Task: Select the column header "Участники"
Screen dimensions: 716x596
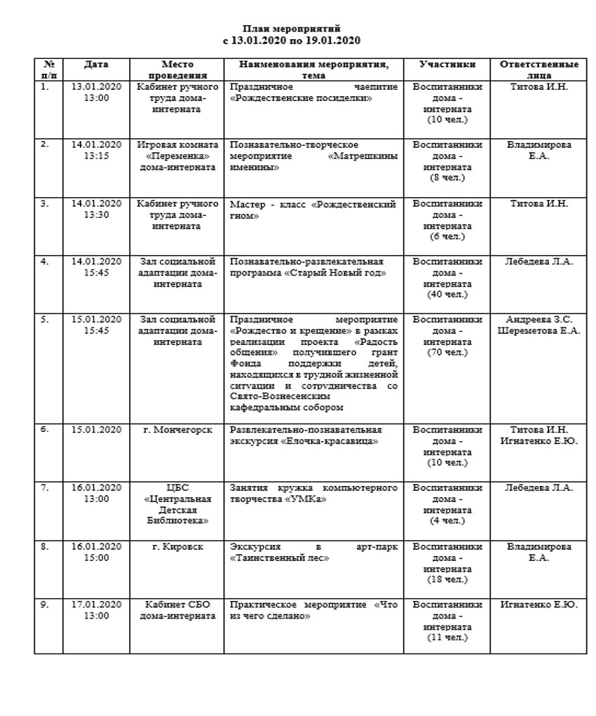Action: click(x=447, y=65)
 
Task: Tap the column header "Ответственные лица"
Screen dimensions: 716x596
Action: click(x=539, y=69)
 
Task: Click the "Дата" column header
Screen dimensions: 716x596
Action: click(x=96, y=65)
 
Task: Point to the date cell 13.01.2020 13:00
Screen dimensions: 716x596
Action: click(x=96, y=93)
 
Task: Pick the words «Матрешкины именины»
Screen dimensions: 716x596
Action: click(x=314, y=162)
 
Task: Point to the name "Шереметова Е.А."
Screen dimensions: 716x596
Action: click(x=539, y=331)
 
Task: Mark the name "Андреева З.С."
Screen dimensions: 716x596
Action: click(x=539, y=320)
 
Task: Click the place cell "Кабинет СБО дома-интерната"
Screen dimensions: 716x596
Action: click(x=177, y=610)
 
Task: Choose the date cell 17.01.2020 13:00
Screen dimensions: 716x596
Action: click(x=96, y=610)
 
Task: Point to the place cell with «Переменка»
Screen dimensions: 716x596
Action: click(x=177, y=156)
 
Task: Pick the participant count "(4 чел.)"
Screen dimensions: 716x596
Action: click(x=447, y=520)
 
